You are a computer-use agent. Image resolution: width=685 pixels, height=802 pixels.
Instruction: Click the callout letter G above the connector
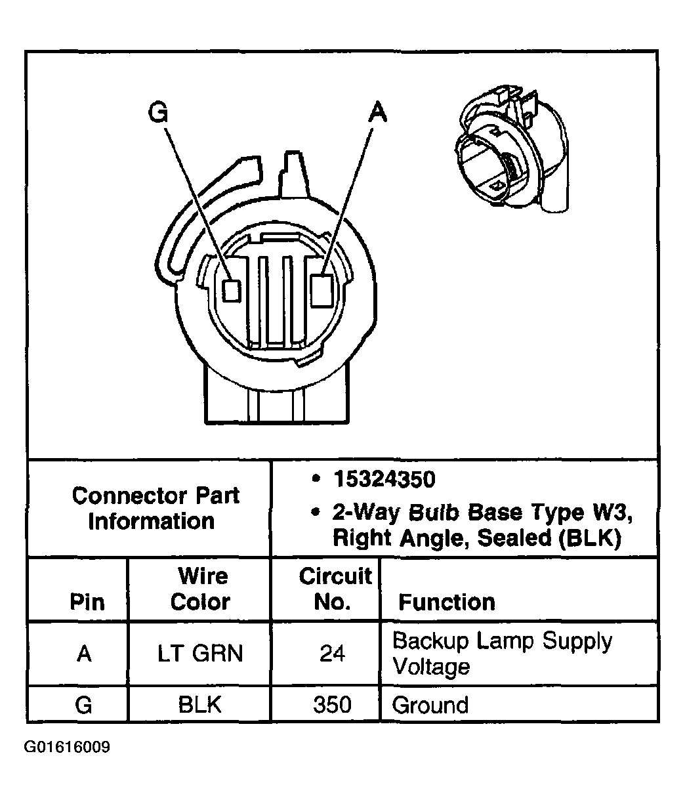point(159,112)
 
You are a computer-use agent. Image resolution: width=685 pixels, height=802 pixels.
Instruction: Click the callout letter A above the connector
point(377,112)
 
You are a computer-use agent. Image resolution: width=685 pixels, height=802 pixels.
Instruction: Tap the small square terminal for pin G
point(230,289)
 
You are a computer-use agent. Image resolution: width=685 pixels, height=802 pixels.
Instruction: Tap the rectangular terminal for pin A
point(322,289)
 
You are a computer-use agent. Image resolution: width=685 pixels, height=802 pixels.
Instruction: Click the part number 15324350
point(384,480)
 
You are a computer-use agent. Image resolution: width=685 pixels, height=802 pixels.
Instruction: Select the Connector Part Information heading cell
point(156,508)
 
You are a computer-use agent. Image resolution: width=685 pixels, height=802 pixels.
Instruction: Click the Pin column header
point(87,602)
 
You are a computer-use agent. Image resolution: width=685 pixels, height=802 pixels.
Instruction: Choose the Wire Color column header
point(201,589)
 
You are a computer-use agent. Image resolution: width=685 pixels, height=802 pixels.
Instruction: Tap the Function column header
point(447,602)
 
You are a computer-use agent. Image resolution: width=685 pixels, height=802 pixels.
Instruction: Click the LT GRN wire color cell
point(200,654)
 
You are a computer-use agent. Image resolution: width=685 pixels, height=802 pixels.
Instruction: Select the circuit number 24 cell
point(332,654)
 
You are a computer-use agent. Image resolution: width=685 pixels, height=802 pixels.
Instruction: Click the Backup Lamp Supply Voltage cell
point(501,653)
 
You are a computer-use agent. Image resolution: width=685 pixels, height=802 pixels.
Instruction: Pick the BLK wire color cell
point(199,705)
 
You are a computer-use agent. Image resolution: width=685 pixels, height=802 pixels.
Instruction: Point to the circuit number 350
point(332,705)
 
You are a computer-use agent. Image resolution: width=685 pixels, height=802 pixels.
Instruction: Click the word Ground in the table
point(430,706)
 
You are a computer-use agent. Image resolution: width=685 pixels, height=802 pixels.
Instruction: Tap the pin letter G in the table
point(83,705)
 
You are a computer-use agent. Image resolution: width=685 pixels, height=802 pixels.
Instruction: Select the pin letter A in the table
point(83,654)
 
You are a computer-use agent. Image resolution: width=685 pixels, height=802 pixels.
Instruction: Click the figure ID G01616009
point(67,748)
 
